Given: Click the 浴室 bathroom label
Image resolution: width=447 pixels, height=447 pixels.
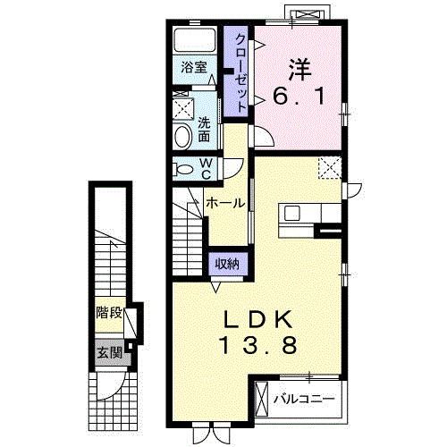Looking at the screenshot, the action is point(194,67).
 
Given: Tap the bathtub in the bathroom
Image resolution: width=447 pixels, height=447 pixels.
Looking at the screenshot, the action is point(195,40).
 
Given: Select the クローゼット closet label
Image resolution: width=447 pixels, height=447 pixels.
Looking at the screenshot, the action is point(240,73).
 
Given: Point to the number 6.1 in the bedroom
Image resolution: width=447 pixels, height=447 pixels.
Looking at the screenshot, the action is point(299,96).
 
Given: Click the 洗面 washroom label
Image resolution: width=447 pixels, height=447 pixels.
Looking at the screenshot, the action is point(204,129).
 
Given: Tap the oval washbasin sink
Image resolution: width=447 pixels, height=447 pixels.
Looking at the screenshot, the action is point(183,137).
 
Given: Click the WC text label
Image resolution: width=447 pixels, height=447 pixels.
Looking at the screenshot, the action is point(206,169).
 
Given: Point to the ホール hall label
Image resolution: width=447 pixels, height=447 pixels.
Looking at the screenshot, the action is point(225,203).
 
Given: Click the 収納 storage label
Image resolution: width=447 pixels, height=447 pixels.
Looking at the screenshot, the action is point(227,264).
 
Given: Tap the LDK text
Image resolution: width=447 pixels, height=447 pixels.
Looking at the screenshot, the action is point(258,320).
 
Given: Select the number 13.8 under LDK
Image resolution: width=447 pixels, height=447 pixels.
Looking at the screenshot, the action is point(258,345).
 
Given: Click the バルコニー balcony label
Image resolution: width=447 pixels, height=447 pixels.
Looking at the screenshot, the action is point(304,399).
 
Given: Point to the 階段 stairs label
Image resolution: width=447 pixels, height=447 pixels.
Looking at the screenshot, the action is point(109,313).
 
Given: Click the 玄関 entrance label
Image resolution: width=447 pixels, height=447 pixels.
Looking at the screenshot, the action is point(110,353).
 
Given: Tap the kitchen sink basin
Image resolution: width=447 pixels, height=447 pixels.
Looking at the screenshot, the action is point(291,213).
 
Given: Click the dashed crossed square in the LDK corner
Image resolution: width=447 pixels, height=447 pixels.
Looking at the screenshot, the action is point(329,168).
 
